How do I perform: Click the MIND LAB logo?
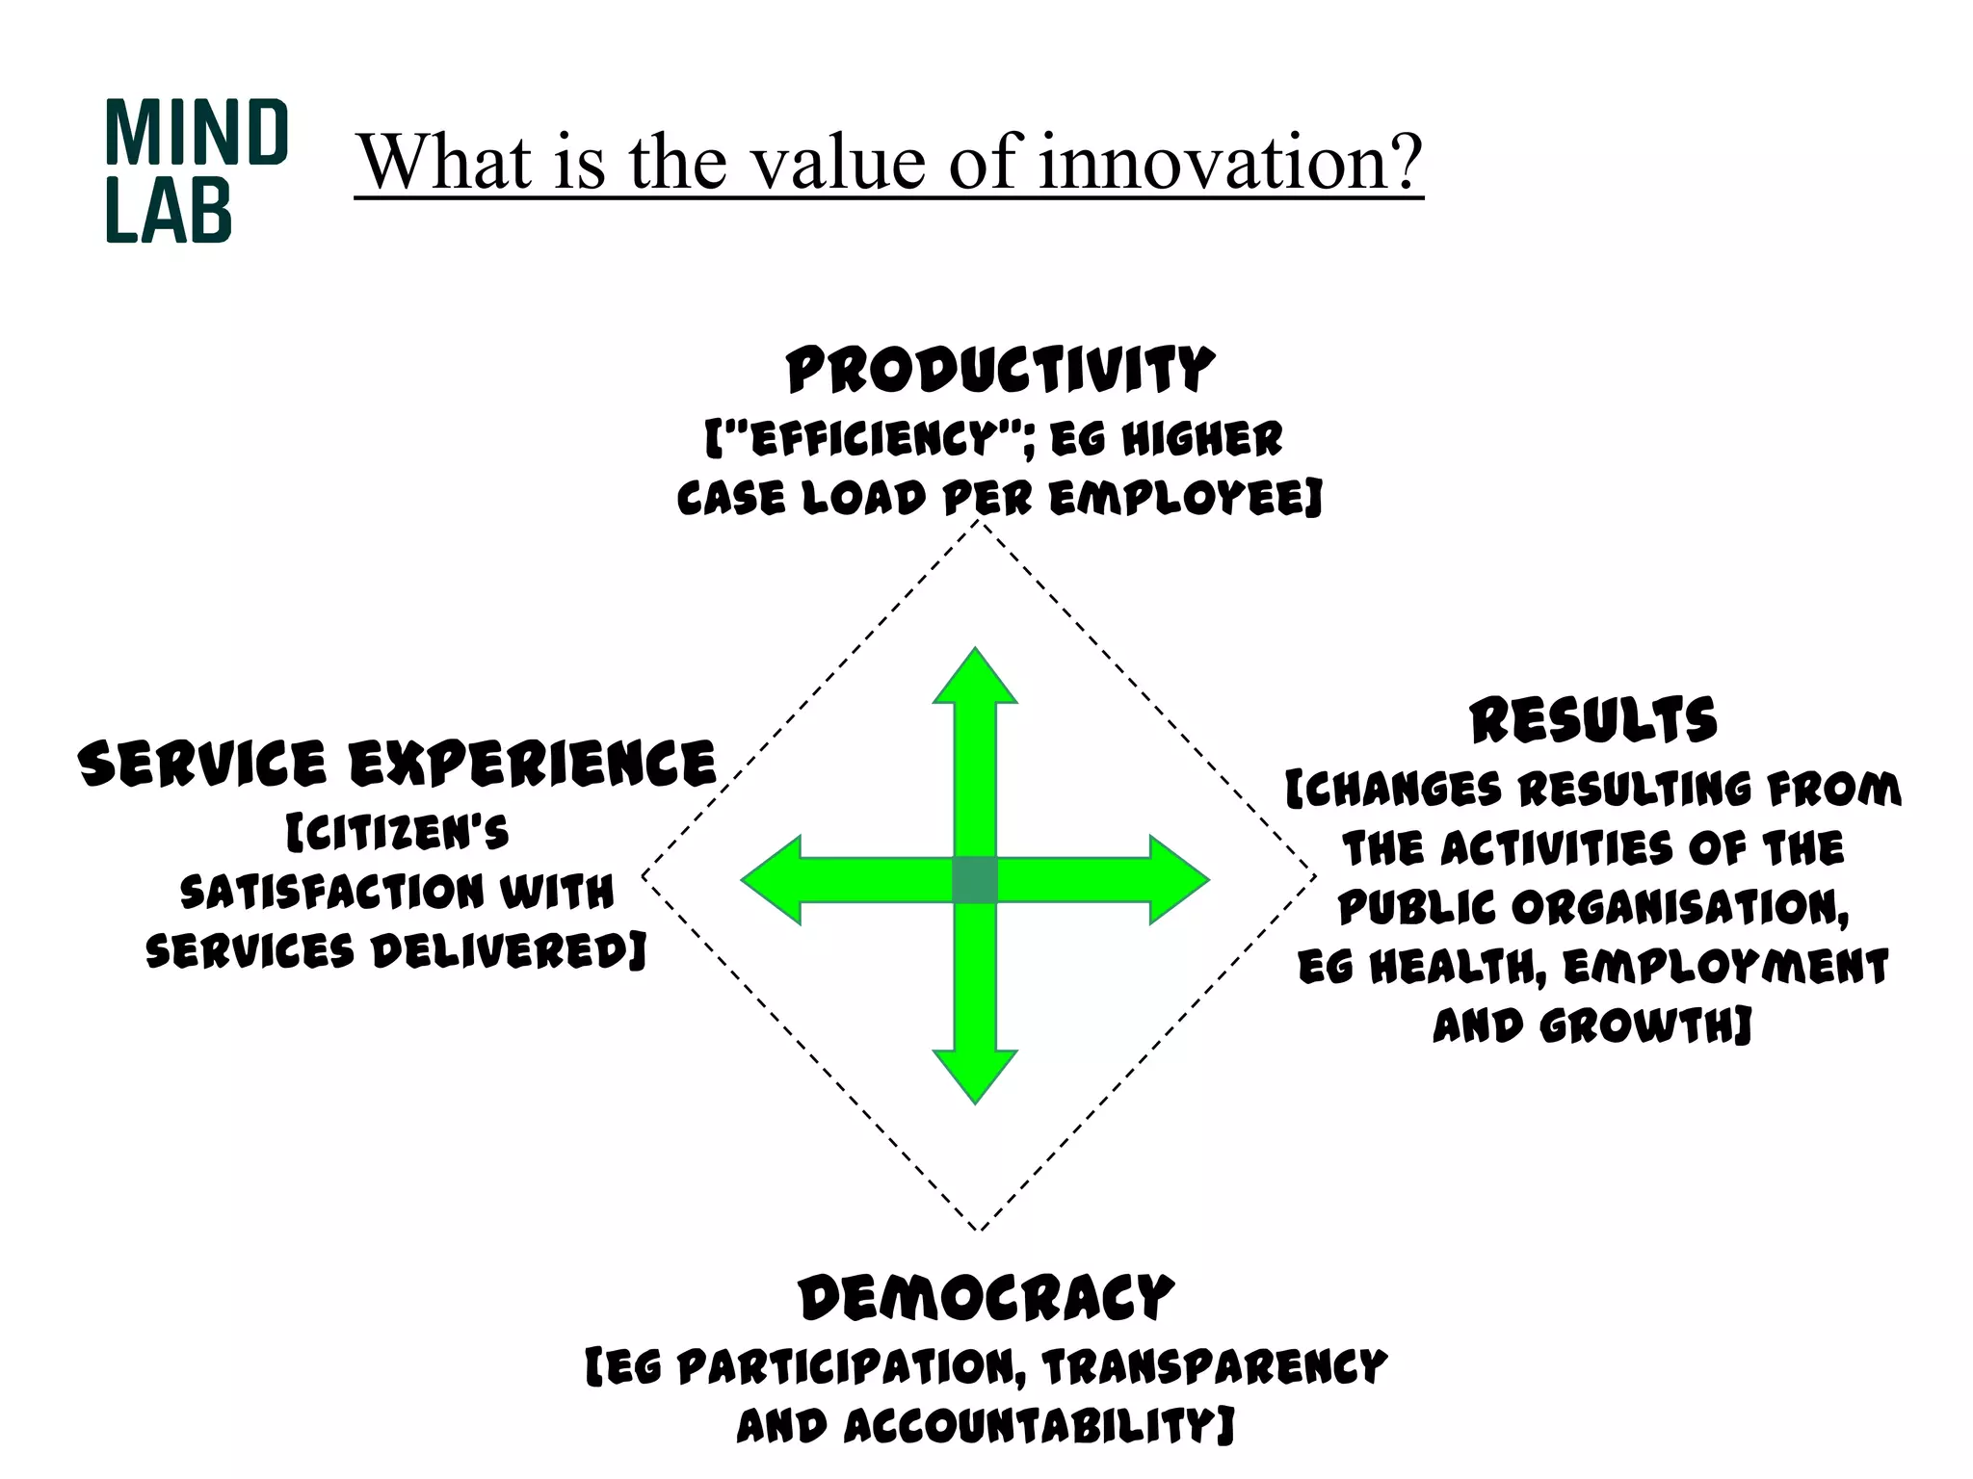coord(196,170)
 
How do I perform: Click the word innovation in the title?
coord(1230,161)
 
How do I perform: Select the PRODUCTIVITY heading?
coord(1000,371)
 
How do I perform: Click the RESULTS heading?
coord(1593,721)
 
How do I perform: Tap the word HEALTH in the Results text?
coord(1457,967)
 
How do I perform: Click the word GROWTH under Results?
coord(1644,1025)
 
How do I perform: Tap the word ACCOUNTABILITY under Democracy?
coord(1038,1426)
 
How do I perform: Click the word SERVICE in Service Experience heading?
coord(202,765)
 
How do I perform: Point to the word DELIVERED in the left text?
coord(509,951)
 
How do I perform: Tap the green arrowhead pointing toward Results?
coord(1178,879)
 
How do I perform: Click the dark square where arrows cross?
coord(975,879)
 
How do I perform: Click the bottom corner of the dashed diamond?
coord(979,1230)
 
